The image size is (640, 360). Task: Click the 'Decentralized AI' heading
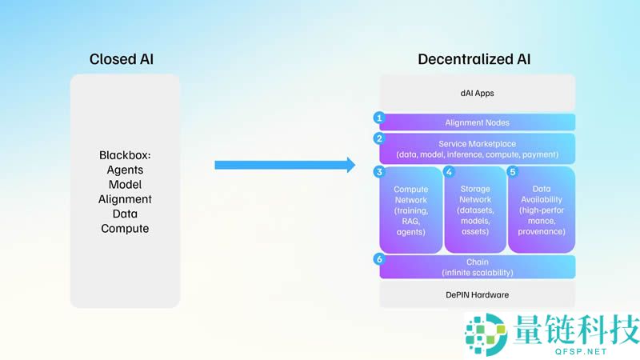[x=474, y=59]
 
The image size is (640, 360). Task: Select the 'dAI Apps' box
[x=477, y=93]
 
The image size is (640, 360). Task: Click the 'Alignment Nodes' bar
[x=477, y=122]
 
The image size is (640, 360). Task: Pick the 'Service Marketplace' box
[x=477, y=148]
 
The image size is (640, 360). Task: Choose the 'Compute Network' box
[x=411, y=210]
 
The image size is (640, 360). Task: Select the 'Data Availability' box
[x=542, y=210]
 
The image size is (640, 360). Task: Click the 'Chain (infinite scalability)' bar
[x=477, y=267]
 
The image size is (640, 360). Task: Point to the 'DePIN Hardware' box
[x=477, y=294]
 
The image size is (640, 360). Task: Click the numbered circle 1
[x=379, y=118]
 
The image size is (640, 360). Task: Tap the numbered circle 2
[x=379, y=138]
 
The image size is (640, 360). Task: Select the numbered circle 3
[x=379, y=171]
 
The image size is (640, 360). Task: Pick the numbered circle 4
[x=449, y=171]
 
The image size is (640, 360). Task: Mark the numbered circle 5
[x=513, y=171]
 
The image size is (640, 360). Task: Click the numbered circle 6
[x=379, y=259]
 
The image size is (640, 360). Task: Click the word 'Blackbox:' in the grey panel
[x=125, y=154]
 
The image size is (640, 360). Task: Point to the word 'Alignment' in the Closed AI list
[x=125, y=199]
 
